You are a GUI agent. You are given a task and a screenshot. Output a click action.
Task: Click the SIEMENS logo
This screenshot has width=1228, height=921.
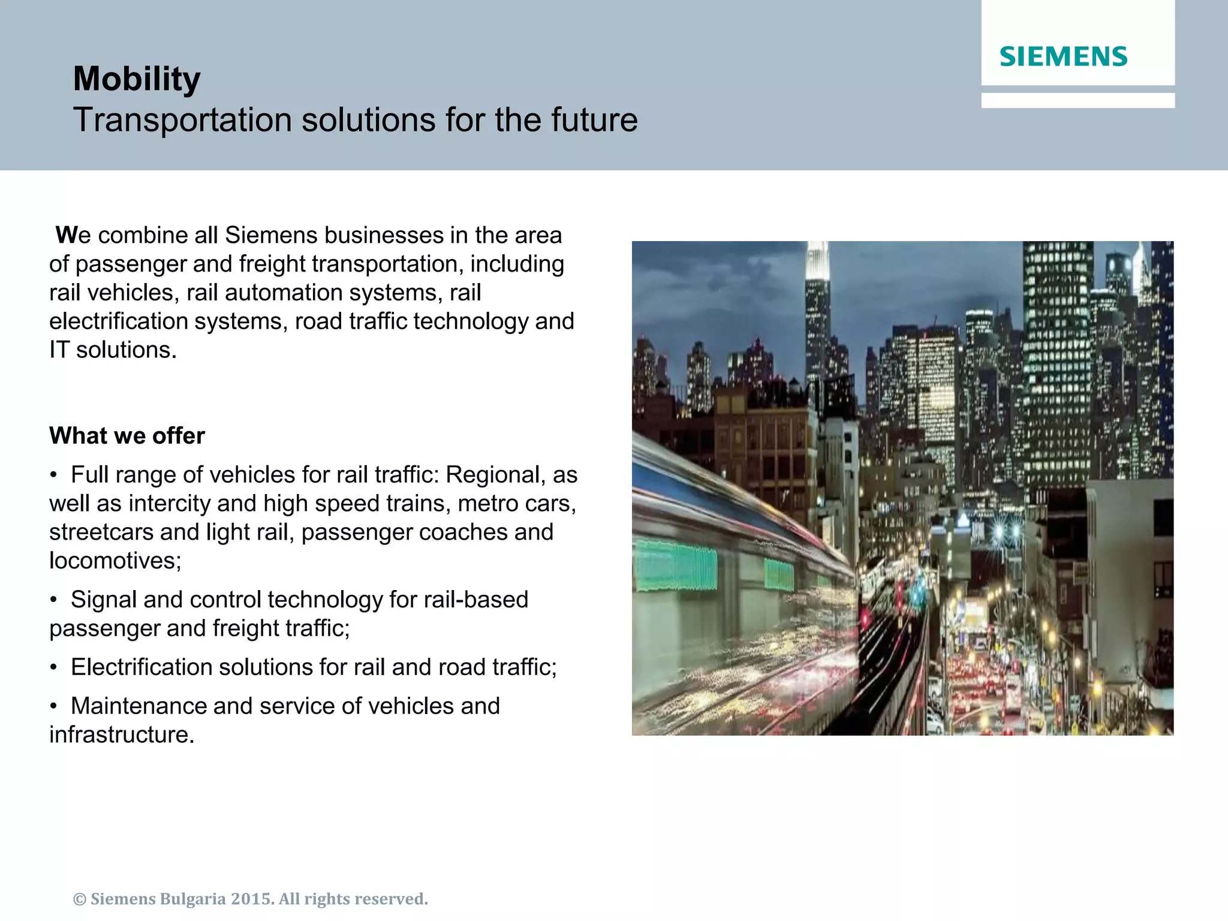pyautogui.click(x=1063, y=56)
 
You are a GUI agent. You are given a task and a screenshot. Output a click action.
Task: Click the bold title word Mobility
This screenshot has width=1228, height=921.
pyautogui.click(x=137, y=79)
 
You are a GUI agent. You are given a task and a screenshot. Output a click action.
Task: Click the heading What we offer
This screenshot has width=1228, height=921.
pyautogui.click(x=127, y=436)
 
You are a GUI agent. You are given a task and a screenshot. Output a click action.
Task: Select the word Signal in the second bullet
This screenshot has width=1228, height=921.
pyautogui.click(x=104, y=600)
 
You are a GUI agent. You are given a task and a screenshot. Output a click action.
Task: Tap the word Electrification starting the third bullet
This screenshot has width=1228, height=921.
pyautogui.click(x=141, y=667)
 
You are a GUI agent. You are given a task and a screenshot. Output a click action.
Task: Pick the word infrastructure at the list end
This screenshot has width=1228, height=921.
pyautogui.click(x=122, y=735)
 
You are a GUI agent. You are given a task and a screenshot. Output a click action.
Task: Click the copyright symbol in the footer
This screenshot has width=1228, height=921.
pyautogui.click(x=80, y=899)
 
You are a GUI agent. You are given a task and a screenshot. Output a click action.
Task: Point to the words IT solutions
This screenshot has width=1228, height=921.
pyautogui.click(x=113, y=350)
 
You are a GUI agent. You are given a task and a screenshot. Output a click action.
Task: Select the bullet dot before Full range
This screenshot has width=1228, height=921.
pyautogui.click(x=54, y=475)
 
